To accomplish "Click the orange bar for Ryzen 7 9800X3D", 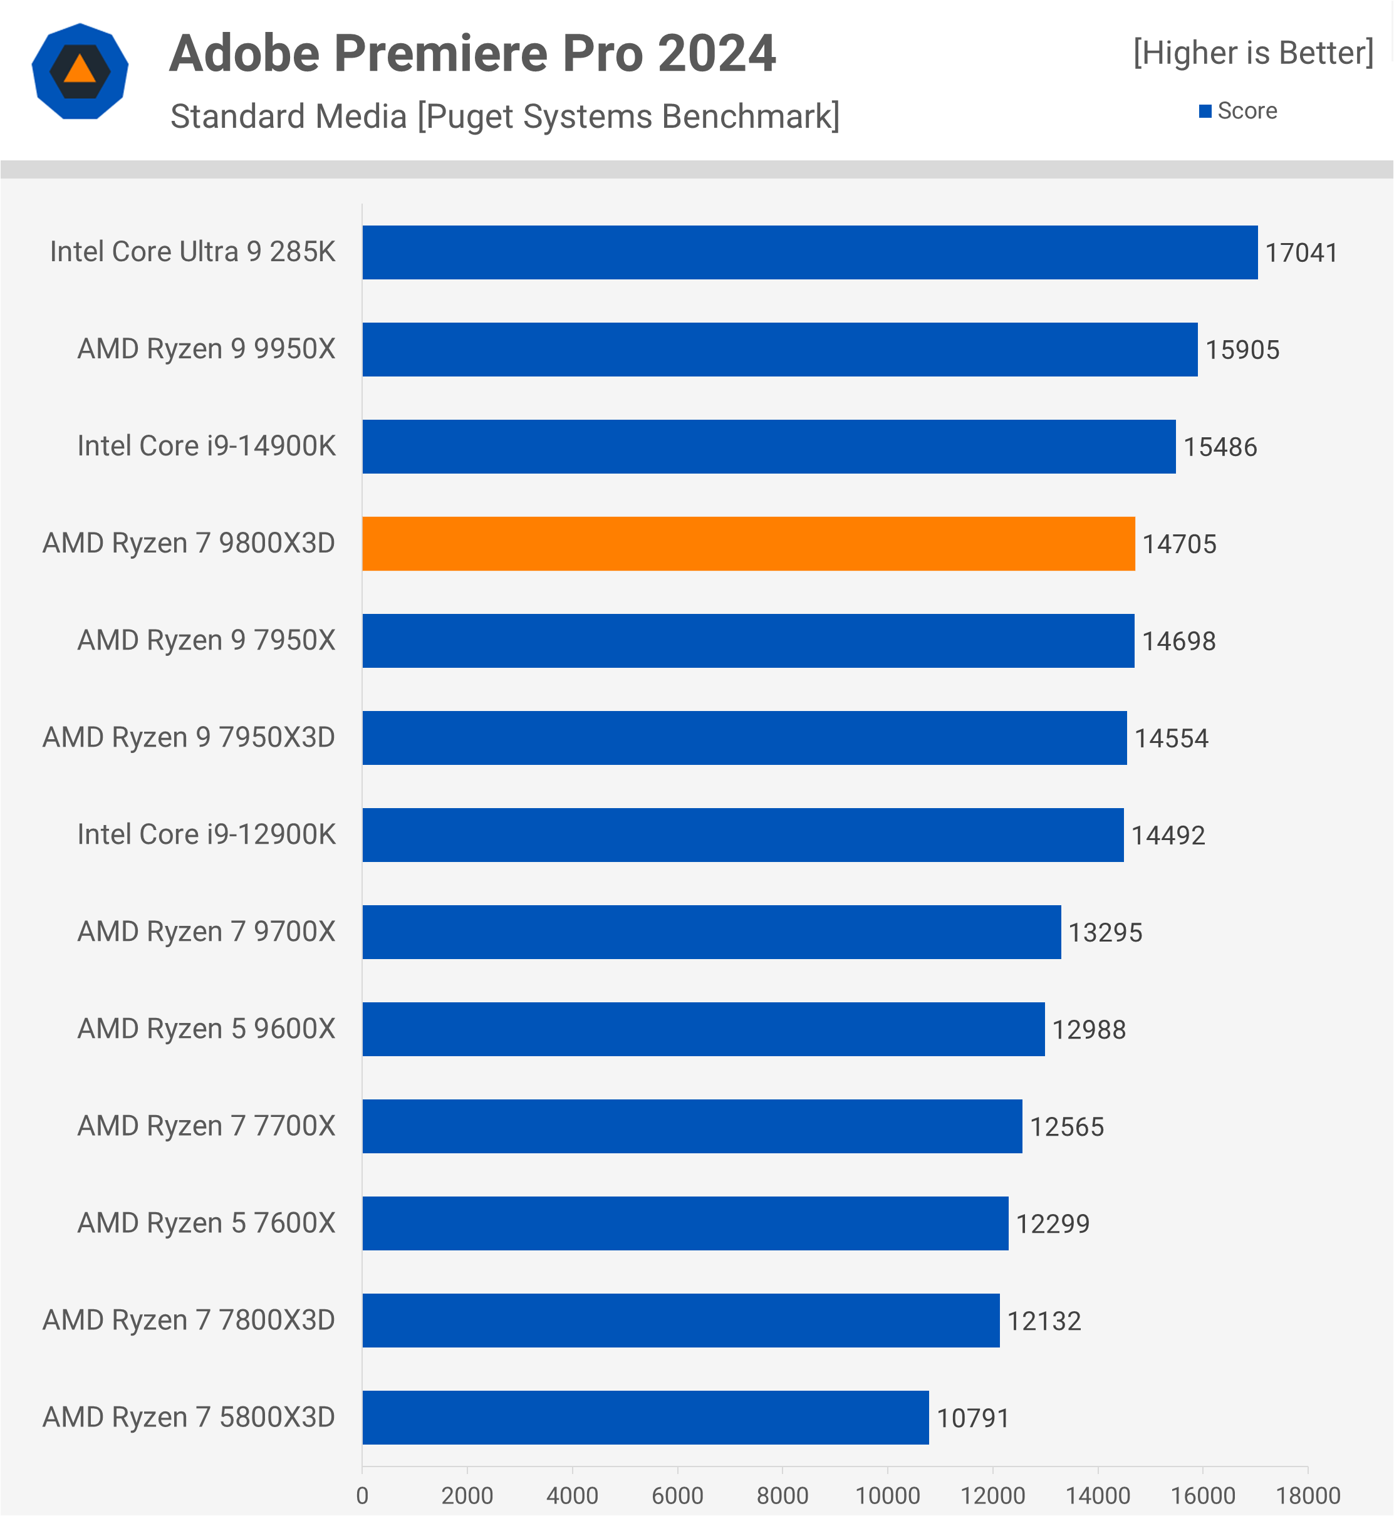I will [x=748, y=544].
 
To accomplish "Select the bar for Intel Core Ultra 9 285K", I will [x=809, y=252].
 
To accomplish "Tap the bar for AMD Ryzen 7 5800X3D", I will [x=645, y=1417].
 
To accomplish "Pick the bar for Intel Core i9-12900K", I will [x=742, y=835].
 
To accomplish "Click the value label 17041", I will [x=1301, y=252].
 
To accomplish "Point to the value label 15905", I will [x=1242, y=350].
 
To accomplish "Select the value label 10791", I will [x=973, y=1418].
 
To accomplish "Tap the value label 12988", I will [x=1088, y=1029].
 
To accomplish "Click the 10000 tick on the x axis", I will [x=887, y=1495].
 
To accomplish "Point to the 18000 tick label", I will [x=1308, y=1495].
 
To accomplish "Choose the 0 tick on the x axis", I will [x=362, y=1495].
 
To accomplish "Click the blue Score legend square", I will [x=1205, y=112].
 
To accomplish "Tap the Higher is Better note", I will [x=1253, y=53].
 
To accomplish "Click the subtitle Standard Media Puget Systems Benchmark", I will [x=504, y=116].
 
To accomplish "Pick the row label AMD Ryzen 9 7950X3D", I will [x=189, y=737].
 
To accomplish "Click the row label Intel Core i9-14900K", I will [x=206, y=447].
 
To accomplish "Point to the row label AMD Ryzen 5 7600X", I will [x=206, y=1223].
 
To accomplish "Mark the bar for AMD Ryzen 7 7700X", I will [x=692, y=1126].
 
